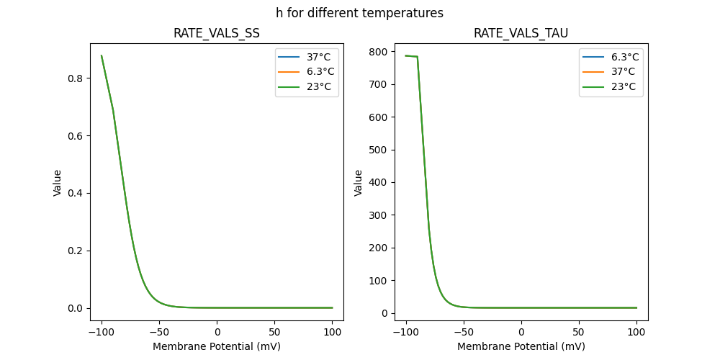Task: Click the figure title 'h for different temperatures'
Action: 359,13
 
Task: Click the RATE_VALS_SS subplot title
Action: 217,33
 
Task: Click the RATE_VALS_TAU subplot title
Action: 521,33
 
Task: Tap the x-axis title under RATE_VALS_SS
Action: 217,346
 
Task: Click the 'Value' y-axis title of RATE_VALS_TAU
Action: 358,182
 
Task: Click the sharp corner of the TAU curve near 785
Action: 418,57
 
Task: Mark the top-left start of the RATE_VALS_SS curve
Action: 102,55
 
